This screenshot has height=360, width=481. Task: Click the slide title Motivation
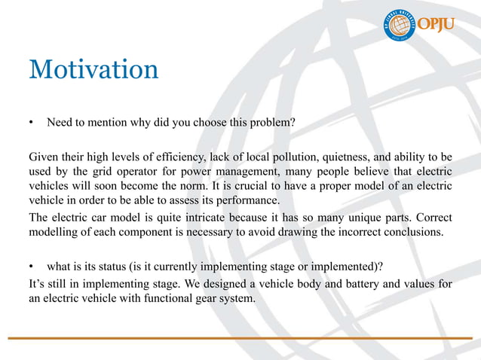[93, 70]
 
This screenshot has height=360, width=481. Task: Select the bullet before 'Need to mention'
[32, 123]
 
